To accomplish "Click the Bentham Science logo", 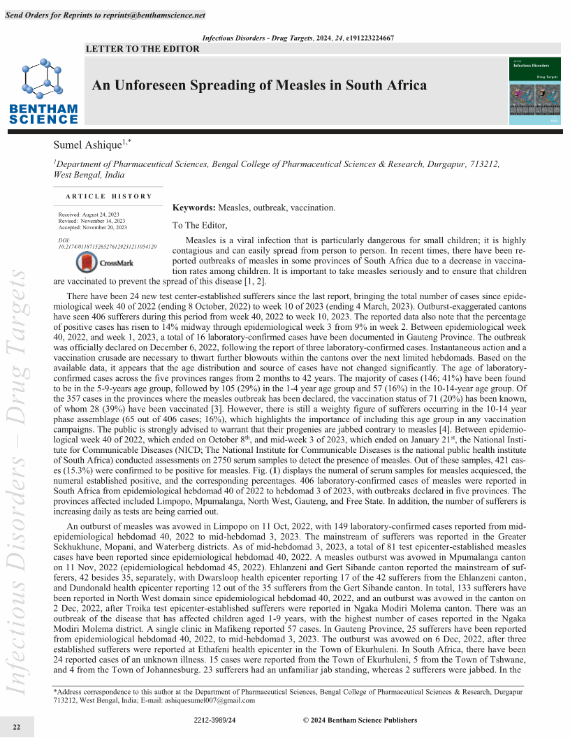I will [x=43, y=91].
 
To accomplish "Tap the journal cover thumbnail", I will [x=536, y=92].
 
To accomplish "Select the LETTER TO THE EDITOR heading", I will [x=142, y=49].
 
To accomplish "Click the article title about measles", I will [x=259, y=86].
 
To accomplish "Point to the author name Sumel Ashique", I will [x=88, y=145].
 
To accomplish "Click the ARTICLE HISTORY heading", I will [x=108, y=196].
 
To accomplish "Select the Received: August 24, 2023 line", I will [x=89, y=214].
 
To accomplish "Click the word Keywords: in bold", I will [x=194, y=208].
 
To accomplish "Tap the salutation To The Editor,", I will [x=200, y=225].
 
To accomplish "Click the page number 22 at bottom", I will [x=16, y=728].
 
